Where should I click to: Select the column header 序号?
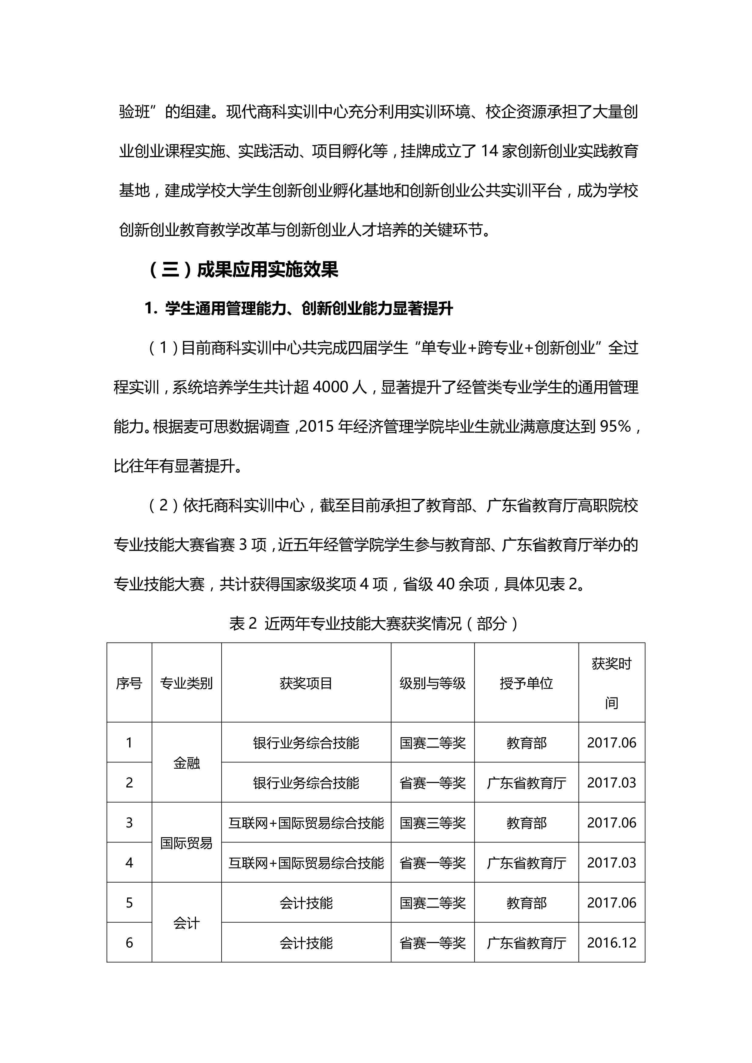pyautogui.click(x=129, y=683)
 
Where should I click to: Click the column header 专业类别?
pyautogui.click(x=186, y=683)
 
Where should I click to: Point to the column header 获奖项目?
pyautogui.click(x=306, y=683)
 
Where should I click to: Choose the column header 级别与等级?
pyautogui.click(x=432, y=683)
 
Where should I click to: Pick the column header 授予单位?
pyautogui.click(x=526, y=683)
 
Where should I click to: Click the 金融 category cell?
pyautogui.click(x=186, y=763)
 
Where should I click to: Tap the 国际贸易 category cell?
pyautogui.click(x=186, y=843)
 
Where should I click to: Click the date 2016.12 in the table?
pyautogui.click(x=611, y=943)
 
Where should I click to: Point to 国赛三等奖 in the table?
pyautogui.click(x=432, y=823)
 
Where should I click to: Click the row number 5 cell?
pyautogui.click(x=129, y=903)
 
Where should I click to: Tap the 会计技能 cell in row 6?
pyautogui.click(x=306, y=943)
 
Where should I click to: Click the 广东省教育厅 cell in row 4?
pyautogui.click(x=526, y=863)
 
